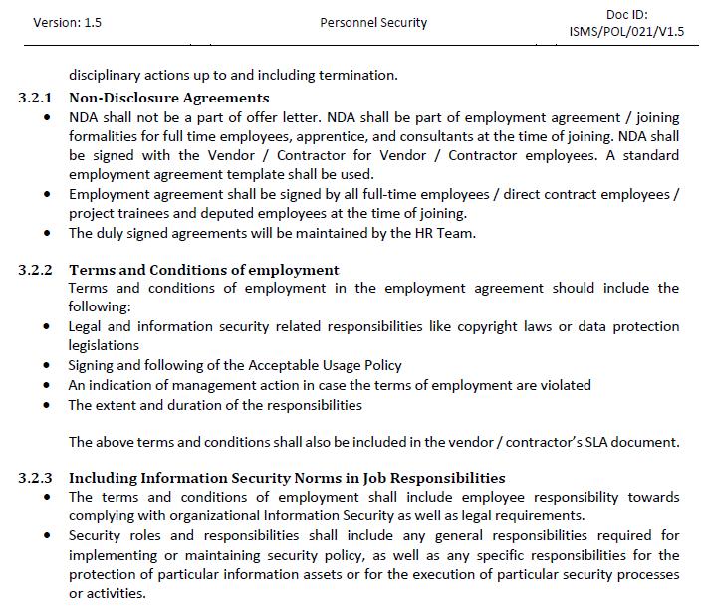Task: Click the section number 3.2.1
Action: [37, 98]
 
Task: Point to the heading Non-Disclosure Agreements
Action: [169, 98]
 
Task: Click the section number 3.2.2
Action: [37, 270]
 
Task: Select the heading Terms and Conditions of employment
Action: [203, 270]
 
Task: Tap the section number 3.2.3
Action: [37, 478]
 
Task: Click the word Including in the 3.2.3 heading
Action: [103, 478]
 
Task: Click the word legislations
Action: [104, 345]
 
